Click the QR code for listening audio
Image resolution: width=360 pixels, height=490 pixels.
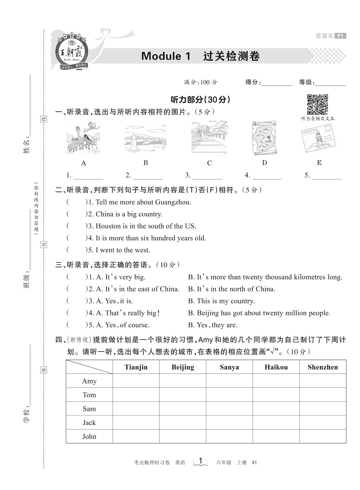click(317, 104)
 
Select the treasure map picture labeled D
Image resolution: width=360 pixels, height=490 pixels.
click(264, 138)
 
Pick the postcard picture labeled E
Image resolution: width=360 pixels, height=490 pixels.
click(318, 138)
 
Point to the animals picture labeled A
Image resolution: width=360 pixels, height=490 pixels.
click(83, 138)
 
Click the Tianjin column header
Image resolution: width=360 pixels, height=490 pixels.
click(136, 367)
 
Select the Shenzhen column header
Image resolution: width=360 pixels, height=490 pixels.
click(323, 367)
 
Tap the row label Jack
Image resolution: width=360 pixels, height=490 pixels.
click(89, 423)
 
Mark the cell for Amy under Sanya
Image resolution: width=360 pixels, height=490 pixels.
click(229, 381)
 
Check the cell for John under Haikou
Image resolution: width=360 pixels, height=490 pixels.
click(276, 436)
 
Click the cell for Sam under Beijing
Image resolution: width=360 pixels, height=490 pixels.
click(183, 409)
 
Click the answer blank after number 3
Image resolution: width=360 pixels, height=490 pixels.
click(207, 175)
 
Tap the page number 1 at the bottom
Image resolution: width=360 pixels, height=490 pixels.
click(201, 461)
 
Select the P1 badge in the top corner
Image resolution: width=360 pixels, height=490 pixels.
click(341, 36)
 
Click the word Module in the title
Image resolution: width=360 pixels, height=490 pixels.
click(161, 56)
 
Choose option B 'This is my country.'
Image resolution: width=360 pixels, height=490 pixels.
click(221, 301)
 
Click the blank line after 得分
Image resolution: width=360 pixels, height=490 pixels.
click(277, 83)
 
